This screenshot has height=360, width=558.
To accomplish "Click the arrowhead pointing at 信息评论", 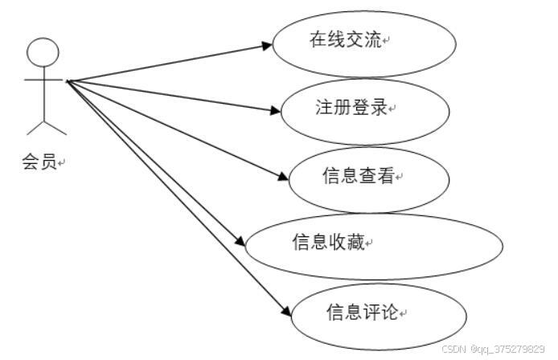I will (x=283, y=313).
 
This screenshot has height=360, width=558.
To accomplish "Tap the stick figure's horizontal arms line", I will (x=43, y=80).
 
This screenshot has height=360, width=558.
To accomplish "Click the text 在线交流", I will (x=346, y=39).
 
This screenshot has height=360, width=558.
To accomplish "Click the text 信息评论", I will (x=362, y=310).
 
